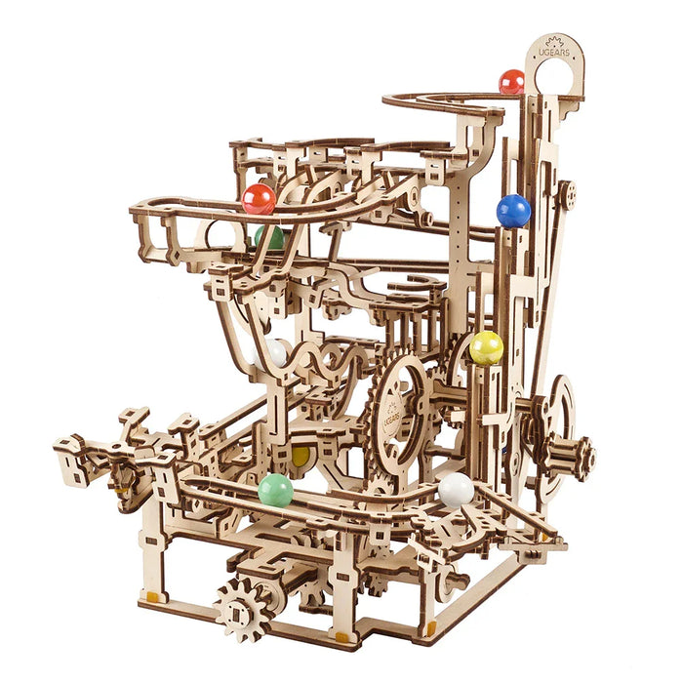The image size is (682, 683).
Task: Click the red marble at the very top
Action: point(511,82)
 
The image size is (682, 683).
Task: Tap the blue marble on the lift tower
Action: point(513,210)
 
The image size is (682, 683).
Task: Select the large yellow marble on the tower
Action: point(486,347)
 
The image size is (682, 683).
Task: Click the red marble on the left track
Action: point(259,199)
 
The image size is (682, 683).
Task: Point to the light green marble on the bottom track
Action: point(275,490)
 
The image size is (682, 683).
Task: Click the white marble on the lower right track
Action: point(456,488)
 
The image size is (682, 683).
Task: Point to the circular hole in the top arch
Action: point(553,79)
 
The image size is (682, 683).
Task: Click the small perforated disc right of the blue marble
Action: point(567,193)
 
